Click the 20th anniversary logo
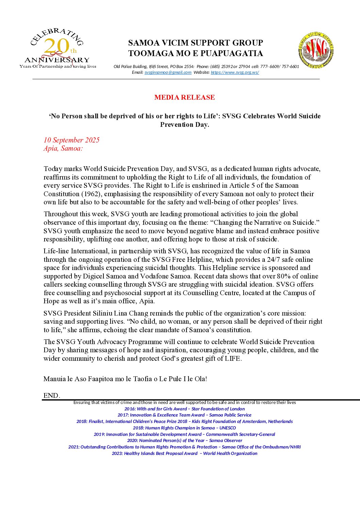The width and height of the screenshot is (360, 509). click(x=58, y=48)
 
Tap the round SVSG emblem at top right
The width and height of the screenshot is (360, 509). click(x=316, y=50)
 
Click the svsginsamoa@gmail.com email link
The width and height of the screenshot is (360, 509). click(x=168, y=72)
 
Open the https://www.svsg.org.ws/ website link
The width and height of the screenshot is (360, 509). click(x=235, y=72)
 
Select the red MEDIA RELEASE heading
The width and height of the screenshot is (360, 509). click(x=184, y=97)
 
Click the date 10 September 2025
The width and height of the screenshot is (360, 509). click(x=71, y=140)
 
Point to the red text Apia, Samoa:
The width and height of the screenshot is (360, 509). click(x=63, y=148)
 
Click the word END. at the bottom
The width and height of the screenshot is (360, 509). click(x=52, y=395)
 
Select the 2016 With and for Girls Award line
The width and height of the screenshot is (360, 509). click(x=184, y=409)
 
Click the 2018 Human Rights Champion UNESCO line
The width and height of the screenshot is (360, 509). click(x=184, y=428)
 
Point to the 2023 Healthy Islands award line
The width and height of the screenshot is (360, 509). click(x=184, y=453)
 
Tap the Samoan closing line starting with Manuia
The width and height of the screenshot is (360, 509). click(x=125, y=379)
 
